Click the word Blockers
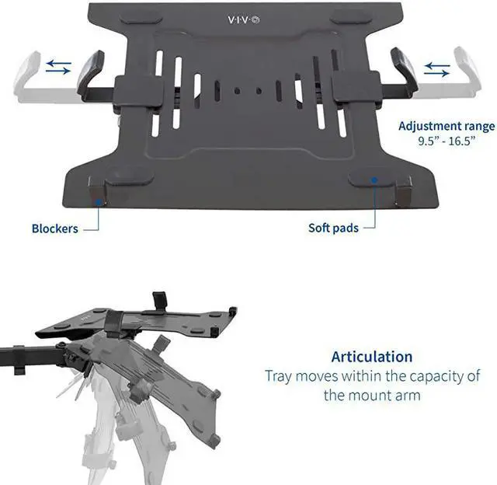click(x=55, y=229)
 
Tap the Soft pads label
click(x=334, y=228)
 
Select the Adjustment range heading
click(x=446, y=126)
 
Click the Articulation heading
click(x=372, y=357)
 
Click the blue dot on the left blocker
click(x=99, y=201)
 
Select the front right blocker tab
click(x=403, y=190)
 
